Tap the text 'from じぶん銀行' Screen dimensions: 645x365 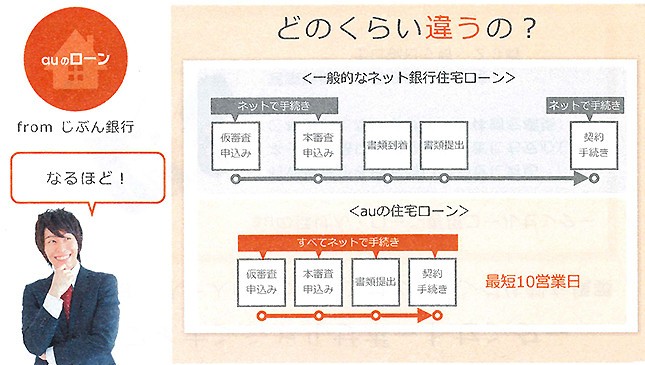76,127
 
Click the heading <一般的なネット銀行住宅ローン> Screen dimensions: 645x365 407,76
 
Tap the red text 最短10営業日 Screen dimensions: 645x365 531,282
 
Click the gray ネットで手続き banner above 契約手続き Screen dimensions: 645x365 588,105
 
